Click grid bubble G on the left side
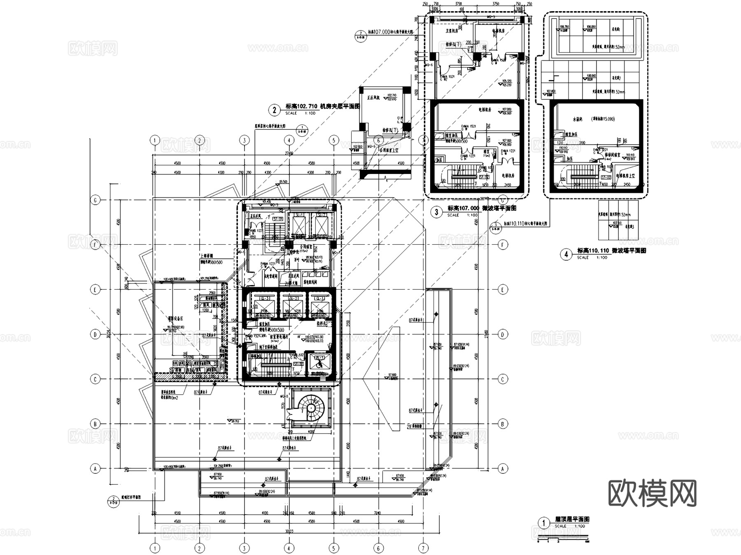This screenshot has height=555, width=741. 95,200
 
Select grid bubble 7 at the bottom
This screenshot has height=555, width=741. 423,548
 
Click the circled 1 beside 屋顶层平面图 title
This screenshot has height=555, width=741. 544,523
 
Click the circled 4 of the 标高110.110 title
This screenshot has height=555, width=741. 566,254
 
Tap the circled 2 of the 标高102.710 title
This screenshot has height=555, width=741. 275,110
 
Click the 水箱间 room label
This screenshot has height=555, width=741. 580,119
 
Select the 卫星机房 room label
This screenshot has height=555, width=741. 452,30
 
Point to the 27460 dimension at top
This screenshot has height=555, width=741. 289,153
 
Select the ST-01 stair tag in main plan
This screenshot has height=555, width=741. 277,219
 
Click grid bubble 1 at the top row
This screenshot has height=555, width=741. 155,141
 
